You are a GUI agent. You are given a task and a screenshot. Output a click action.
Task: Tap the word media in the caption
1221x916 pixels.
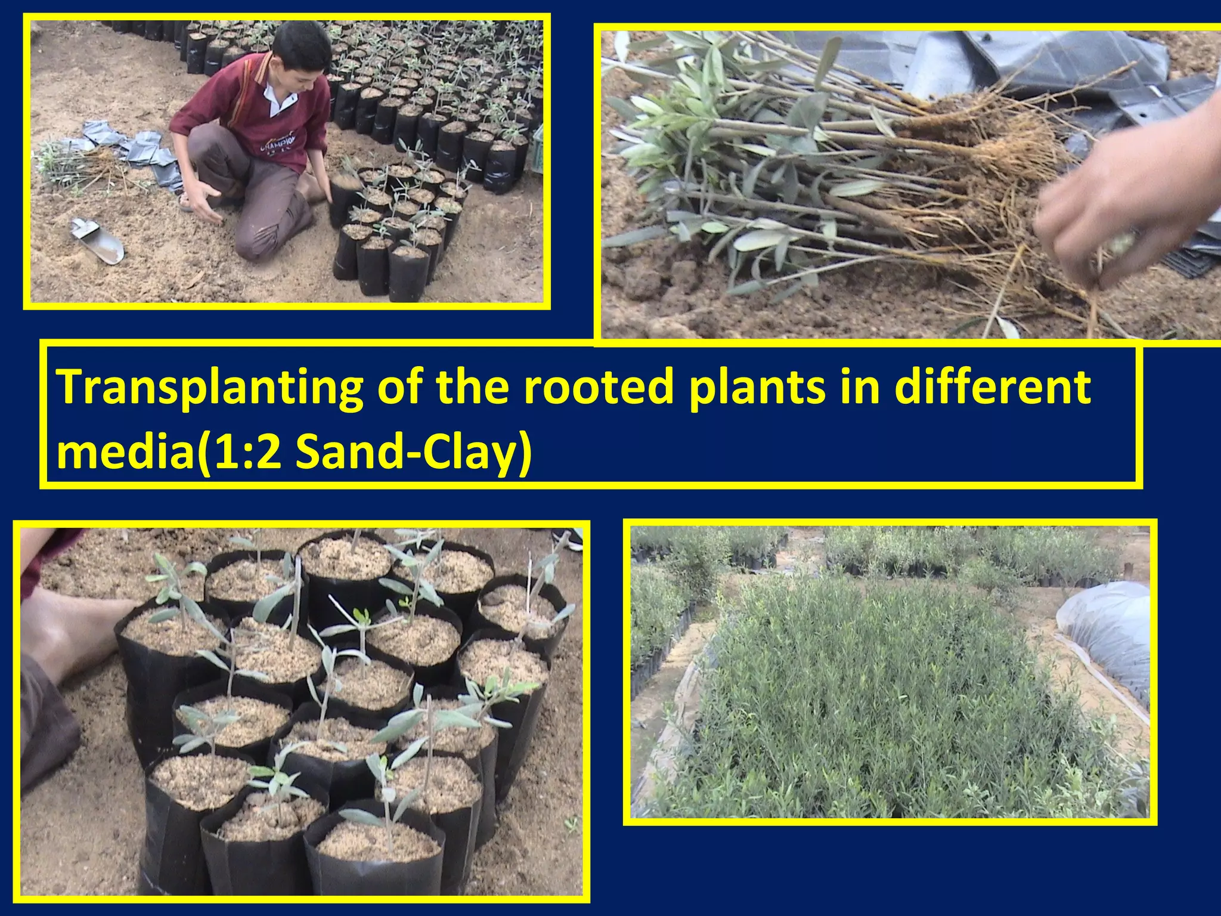[125, 451]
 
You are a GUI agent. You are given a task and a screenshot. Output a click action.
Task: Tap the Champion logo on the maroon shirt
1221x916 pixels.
[277, 143]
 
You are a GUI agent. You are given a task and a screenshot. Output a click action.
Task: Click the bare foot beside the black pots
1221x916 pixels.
[72, 632]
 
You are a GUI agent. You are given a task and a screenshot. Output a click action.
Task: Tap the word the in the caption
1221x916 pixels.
[472, 387]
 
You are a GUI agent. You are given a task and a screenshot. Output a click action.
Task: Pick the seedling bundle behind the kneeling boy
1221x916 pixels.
[78, 164]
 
